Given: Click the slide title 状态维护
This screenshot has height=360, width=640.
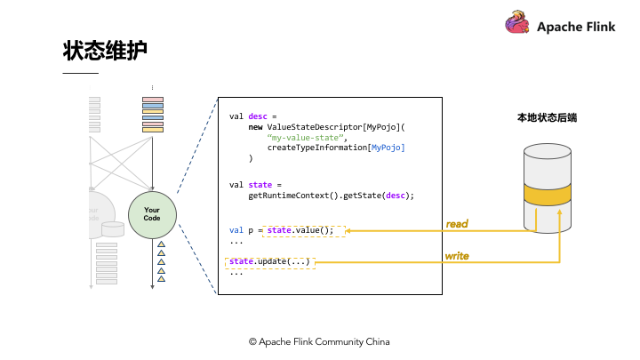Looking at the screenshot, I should click(104, 51).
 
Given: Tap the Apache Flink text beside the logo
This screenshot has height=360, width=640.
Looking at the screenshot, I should click(575, 27).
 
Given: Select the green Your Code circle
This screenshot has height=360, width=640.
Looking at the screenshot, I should click(152, 214).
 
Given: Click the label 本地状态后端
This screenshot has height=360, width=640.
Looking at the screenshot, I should click(547, 117).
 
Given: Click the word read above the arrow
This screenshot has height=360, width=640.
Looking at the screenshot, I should click(457, 224).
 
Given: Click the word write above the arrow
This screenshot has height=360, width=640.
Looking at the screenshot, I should click(457, 256).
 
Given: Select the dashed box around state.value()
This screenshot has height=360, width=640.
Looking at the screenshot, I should click(306, 230).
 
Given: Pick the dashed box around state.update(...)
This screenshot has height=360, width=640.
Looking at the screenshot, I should click(270, 261).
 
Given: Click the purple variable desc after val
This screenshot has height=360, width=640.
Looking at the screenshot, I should click(257, 116).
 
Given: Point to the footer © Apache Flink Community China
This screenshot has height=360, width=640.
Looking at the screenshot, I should click(319, 341).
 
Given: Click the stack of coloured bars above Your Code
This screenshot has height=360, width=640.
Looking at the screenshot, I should click(152, 114).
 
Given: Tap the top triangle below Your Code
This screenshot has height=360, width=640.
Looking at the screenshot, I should click(161, 244).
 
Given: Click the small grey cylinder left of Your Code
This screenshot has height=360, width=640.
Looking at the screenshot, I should click(112, 228).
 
